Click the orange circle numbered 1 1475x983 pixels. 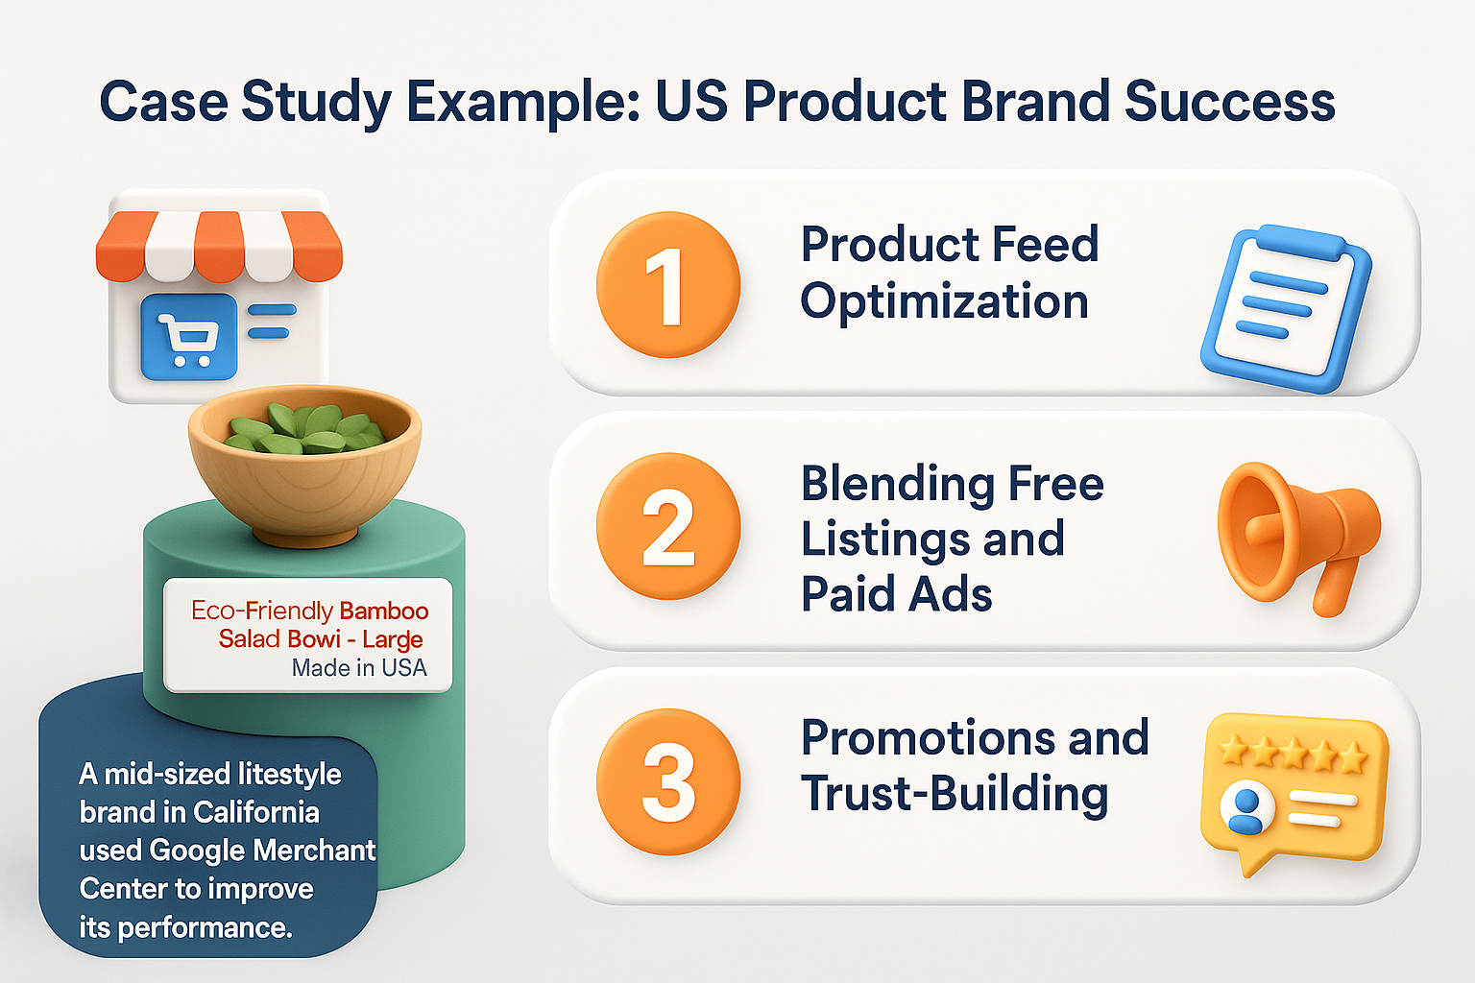[x=668, y=285]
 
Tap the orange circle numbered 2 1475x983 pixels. [x=668, y=526]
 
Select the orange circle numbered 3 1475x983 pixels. [x=668, y=781]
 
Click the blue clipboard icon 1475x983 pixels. [x=1287, y=307]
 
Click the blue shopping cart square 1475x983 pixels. [x=189, y=337]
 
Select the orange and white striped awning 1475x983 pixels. [x=219, y=245]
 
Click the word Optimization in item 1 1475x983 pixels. [x=944, y=302]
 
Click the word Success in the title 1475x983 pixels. [x=1229, y=102]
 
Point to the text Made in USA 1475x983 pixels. [x=359, y=668]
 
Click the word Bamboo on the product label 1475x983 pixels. [x=384, y=611]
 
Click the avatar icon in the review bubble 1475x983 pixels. [x=1245, y=808]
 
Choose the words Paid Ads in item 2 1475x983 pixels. [x=896, y=594]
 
